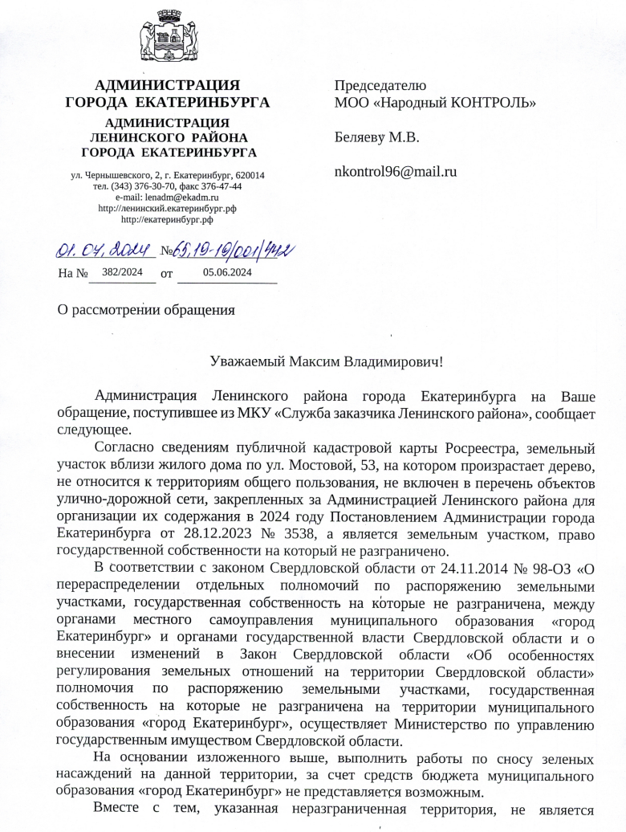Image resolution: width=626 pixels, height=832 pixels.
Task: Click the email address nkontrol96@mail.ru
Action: click(x=395, y=170)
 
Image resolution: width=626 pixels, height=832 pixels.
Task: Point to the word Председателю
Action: click(x=380, y=85)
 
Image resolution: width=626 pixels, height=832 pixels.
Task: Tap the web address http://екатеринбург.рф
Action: click(x=167, y=218)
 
